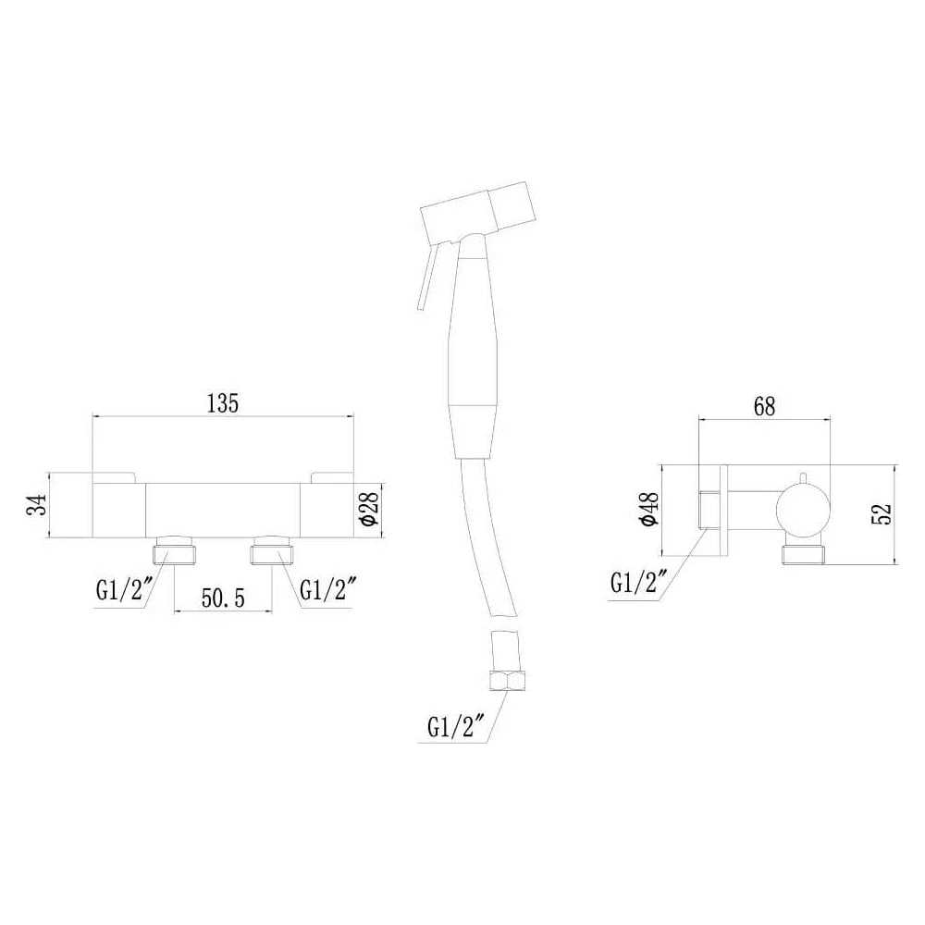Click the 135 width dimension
click(x=223, y=403)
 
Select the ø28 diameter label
click(x=369, y=508)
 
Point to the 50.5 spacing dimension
click(x=223, y=598)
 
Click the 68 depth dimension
click(x=764, y=406)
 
